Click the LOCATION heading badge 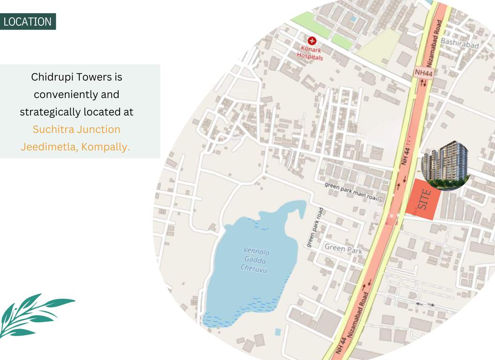pyautogui.click(x=28, y=22)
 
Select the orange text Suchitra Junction pyautogui.click(x=76, y=129)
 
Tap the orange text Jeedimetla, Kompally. pyautogui.click(x=75, y=146)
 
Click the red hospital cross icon pyautogui.click(x=311, y=41)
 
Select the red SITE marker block pyautogui.click(x=423, y=200)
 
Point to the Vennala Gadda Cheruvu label pyautogui.click(x=255, y=260)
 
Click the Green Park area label pyautogui.click(x=344, y=249)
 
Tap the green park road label pyautogui.click(x=315, y=227)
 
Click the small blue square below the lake pyautogui.click(x=277, y=332)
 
